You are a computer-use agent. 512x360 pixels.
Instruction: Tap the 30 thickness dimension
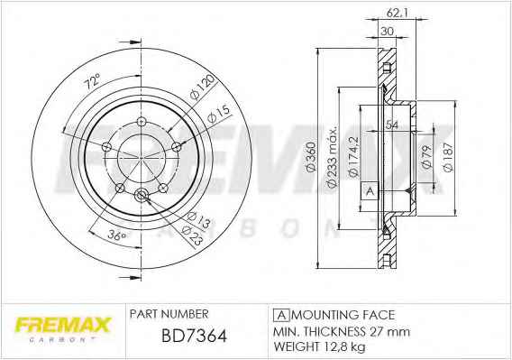pos(388,32)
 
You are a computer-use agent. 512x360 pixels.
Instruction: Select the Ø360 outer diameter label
pos(312,156)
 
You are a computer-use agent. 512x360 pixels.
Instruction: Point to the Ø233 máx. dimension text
pos(332,157)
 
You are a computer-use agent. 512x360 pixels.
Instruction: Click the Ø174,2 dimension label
pos(353,157)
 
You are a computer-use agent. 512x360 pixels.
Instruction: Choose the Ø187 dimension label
pos(448,157)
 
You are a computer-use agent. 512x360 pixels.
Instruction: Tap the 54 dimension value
pos(391,125)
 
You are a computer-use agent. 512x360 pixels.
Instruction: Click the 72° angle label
pos(92,81)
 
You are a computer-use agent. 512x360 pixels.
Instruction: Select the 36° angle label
pos(117,235)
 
